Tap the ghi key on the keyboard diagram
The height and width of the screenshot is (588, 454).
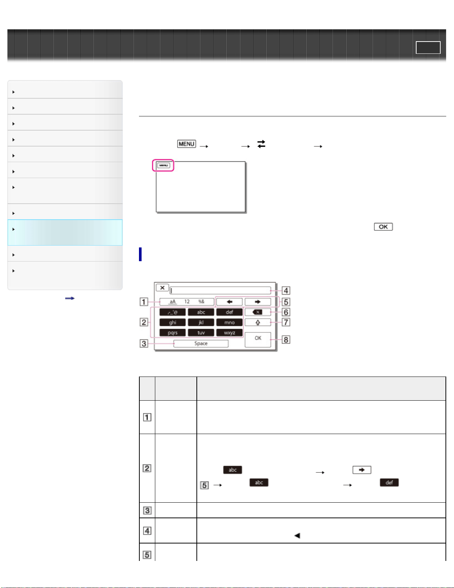pos(172,322)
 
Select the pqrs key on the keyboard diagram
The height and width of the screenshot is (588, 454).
pos(172,332)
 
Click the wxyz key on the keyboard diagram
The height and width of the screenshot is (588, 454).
pos(229,332)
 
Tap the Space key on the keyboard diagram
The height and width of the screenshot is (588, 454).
pos(201,344)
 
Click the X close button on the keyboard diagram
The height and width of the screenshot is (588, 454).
pos(162,288)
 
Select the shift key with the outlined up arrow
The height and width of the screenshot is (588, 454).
pos(258,322)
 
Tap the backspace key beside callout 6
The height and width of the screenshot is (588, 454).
pos(258,312)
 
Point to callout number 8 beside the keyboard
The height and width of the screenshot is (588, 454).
pos(286,339)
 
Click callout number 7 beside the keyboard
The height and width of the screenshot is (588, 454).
pos(286,322)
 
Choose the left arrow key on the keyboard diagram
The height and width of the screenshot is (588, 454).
pos(229,302)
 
